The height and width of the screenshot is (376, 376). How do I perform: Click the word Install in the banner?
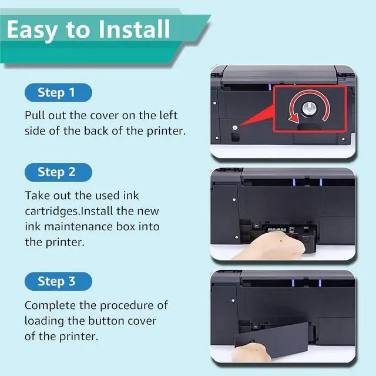[135, 29]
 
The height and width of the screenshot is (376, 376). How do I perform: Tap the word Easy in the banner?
[32, 31]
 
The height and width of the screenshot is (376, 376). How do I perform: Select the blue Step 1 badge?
[58, 93]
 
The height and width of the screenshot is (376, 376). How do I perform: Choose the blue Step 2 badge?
[58, 172]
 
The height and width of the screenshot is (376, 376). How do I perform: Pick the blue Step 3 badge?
[58, 281]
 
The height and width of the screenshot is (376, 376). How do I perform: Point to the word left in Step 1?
[169, 115]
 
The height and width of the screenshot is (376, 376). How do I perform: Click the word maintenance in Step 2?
[78, 227]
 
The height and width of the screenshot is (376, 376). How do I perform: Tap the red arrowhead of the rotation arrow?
[294, 119]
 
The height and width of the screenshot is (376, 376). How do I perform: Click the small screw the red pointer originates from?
[235, 127]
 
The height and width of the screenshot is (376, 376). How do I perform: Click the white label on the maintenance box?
[277, 230]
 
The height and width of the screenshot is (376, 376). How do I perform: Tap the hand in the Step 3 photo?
[252, 352]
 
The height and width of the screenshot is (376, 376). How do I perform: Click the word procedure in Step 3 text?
[127, 305]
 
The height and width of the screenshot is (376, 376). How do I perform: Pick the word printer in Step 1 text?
[166, 131]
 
